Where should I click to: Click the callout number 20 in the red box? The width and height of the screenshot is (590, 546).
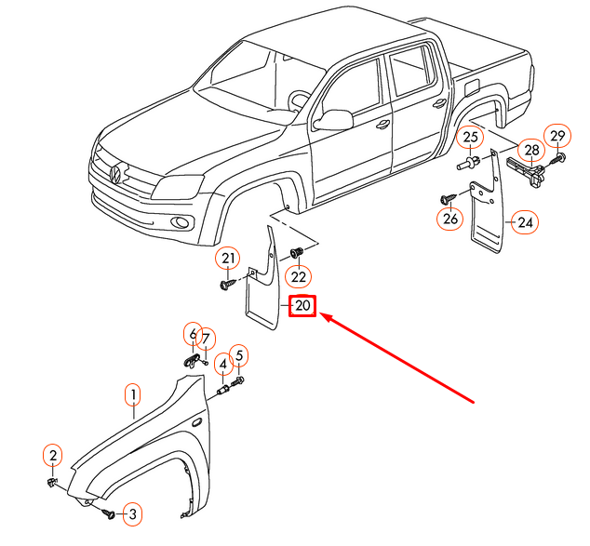(x=303, y=306)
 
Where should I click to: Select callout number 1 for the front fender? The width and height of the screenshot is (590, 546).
(x=133, y=395)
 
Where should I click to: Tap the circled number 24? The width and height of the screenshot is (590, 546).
(x=526, y=222)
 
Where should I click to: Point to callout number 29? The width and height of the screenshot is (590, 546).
(x=556, y=137)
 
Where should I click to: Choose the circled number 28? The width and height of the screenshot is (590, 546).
(x=530, y=150)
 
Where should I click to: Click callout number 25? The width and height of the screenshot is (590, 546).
(x=471, y=139)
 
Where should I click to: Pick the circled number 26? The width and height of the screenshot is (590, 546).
(x=451, y=220)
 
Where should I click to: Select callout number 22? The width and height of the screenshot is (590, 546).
(x=298, y=275)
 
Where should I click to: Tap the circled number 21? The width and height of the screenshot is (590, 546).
(x=228, y=258)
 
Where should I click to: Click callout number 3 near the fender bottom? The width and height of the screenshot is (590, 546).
(x=132, y=513)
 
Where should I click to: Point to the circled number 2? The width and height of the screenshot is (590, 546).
(x=53, y=455)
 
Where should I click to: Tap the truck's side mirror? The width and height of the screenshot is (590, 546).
(x=335, y=119)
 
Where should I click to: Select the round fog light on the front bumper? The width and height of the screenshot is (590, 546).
(x=177, y=222)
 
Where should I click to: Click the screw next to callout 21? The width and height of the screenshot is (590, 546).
(x=227, y=283)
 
